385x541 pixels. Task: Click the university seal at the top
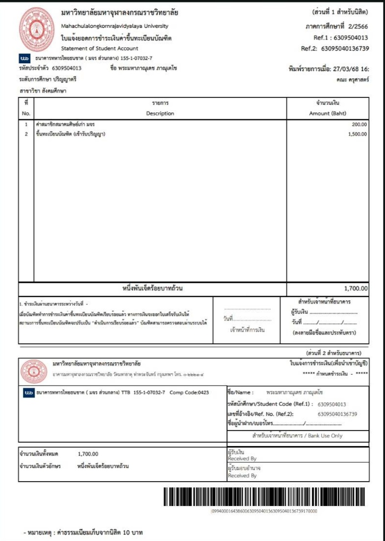(x=37, y=26)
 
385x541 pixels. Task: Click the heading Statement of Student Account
(x=100, y=48)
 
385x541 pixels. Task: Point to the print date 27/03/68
(x=347, y=70)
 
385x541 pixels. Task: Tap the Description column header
(x=160, y=113)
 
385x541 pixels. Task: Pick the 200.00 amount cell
(x=359, y=124)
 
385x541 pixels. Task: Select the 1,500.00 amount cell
(x=357, y=134)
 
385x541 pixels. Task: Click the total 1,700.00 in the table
(x=356, y=289)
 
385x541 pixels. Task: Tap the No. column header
(x=26, y=113)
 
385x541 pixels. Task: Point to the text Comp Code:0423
(x=189, y=392)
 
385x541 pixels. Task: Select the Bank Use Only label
(x=298, y=436)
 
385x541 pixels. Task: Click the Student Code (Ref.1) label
(x=270, y=404)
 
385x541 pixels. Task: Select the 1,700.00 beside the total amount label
(x=88, y=454)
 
